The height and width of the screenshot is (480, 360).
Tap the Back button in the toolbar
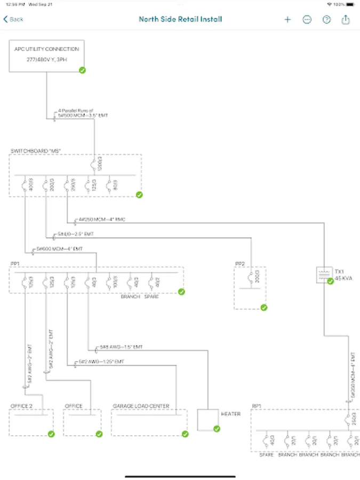[14, 19]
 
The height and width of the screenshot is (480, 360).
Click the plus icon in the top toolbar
[287, 19]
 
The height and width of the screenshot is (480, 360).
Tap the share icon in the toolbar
[346, 19]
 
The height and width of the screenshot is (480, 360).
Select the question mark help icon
[326, 19]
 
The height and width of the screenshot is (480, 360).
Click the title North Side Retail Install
[180, 19]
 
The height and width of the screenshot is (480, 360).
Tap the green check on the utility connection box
[82, 70]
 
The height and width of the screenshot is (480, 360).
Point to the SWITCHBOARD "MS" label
[36, 151]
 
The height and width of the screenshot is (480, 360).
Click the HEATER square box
[208, 420]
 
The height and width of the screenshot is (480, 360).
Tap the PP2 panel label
[239, 263]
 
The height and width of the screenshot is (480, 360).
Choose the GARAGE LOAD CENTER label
[141, 406]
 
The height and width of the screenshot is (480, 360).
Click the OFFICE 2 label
[21, 406]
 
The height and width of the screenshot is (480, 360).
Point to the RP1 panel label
[257, 406]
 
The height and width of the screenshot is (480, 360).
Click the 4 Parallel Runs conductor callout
[83, 113]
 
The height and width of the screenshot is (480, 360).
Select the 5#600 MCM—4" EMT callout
[60, 249]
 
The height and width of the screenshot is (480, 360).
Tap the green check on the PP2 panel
[263, 307]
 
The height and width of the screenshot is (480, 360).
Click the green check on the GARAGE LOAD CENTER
[185, 434]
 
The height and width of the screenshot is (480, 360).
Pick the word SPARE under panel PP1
[151, 297]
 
